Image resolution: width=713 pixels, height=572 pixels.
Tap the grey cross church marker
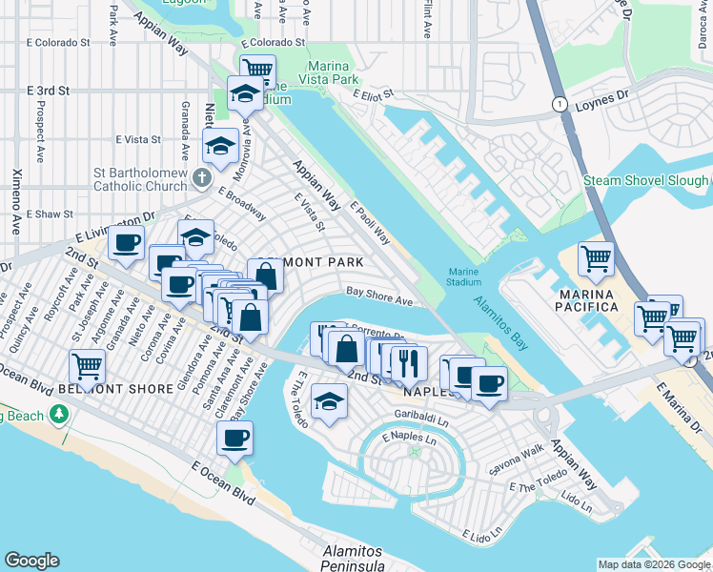(x=200, y=177)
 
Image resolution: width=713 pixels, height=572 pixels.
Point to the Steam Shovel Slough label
(x=645, y=180)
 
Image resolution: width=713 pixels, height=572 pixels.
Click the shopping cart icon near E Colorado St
(x=256, y=70)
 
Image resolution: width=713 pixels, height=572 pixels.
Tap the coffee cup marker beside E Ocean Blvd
(x=234, y=439)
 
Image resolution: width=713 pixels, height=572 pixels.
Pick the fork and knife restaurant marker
(x=409, y=363)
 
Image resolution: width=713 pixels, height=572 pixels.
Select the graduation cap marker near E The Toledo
(x=329, y=399)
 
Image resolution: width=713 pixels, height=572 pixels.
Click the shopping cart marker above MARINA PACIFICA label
(x=596, y=257)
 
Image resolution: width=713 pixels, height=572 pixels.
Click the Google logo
(x=31, y=561)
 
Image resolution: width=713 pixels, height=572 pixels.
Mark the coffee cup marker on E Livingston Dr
(x=127, y=243)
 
